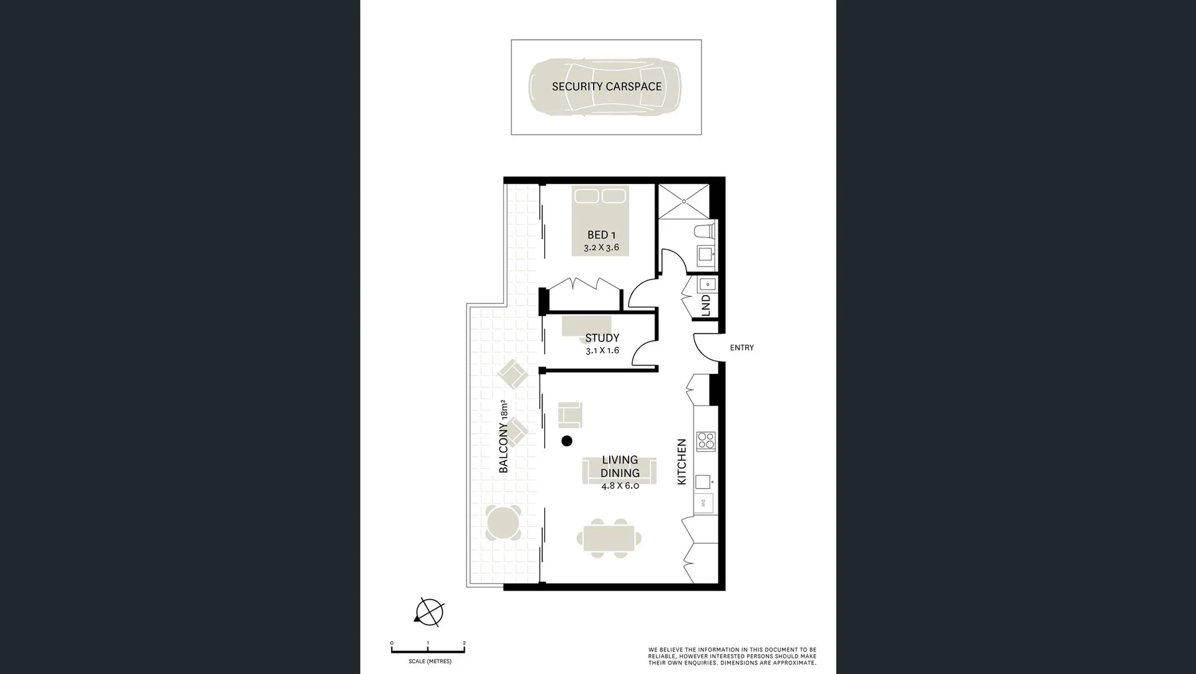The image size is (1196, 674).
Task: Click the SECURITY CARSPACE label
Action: (x=606, y=87)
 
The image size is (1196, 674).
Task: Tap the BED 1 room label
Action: (x=601, y=235)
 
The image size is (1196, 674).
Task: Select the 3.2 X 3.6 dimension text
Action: (x=601, y=248)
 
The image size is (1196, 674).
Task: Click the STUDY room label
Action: (x=602, y=338)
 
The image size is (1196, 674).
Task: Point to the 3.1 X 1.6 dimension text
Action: (x=602, y=351)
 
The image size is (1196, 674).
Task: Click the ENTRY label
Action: (x=741, y=348)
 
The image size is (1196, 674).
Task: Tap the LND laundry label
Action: (x=706, y=305)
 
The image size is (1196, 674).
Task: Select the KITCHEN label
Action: (x=682, y=461)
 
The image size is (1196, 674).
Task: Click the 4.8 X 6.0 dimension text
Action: (x=620, y=486)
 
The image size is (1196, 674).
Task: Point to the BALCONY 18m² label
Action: (x=504, y=436)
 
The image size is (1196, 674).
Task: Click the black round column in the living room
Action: (x=567, y=441)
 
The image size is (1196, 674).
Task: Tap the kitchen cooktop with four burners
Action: (x=706, y=441)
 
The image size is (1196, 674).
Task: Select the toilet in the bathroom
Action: (x=705, y=232)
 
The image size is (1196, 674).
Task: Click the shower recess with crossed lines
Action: (x=683, y=202)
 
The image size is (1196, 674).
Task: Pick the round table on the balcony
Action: (x=503, y=523)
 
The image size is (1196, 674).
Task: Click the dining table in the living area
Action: (x=609, y=538)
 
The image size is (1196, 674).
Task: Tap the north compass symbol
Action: (x=429, y=612)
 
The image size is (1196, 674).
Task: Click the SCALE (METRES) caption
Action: (x=430, y=662)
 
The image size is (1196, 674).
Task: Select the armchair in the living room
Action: (x=570, y=415)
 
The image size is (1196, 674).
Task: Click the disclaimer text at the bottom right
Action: (x=731, y=656)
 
